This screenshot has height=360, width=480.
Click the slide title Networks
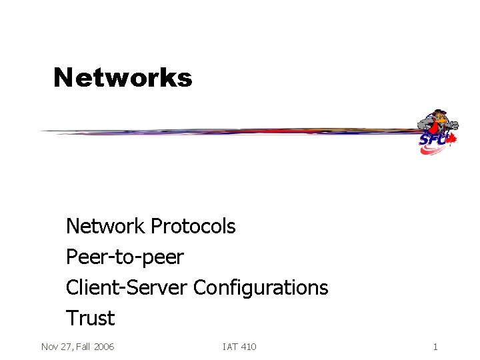point(123,77)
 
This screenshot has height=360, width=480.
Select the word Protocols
point(193,227)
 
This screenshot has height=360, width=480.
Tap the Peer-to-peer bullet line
point(124,257)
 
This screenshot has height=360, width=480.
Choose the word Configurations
point(261,288)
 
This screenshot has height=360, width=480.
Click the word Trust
point(90,318)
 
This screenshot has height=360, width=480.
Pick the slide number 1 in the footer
point(435,347)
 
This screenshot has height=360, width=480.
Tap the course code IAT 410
point(239,347)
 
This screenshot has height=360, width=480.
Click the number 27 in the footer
point(65,347)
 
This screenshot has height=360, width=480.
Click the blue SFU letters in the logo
point(432,140)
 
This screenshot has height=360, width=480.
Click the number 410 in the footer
point(247,347)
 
